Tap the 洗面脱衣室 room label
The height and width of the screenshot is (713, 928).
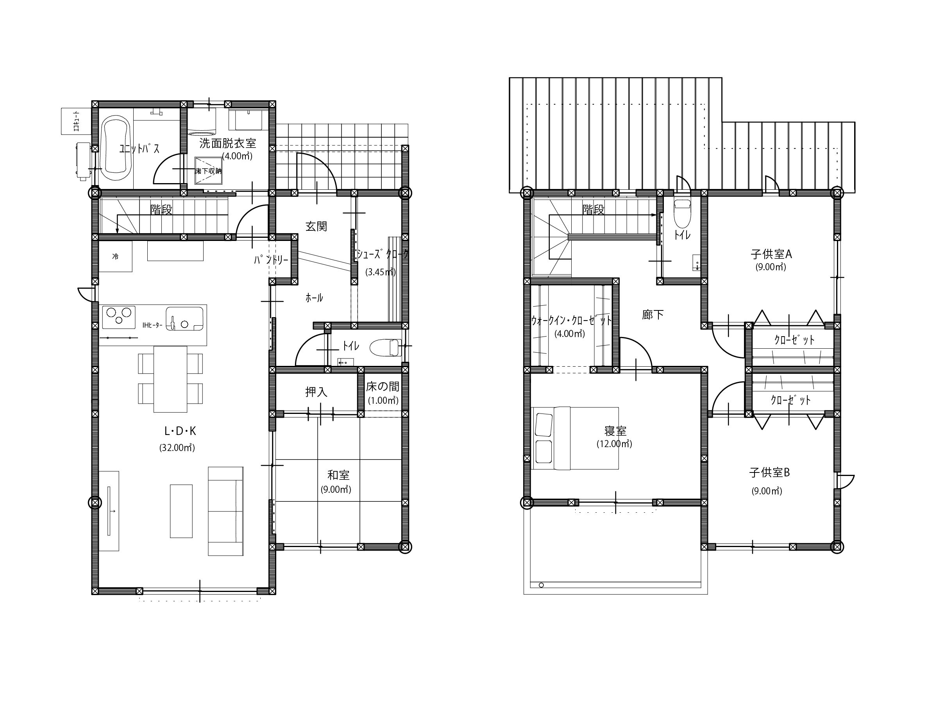pyautogui.click(x=228, y=143)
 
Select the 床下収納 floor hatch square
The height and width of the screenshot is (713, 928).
pyautogui.click(x=208, y=171)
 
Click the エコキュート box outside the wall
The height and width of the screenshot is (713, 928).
pyautogui.click(x=76, y=121)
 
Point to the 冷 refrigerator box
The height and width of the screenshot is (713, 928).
pyautogui.click(x=116, y=256)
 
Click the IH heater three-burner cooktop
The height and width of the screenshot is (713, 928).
pyautogui.click(x=119, y=317)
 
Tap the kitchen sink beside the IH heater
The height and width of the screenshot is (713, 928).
pyautogui.click(x=184, y=319)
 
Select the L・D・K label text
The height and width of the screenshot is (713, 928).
pyautogui.click(x=180, y=431)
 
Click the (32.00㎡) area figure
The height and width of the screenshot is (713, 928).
pyautogui.click(x=177, y=448)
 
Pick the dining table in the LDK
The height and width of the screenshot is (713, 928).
pyautogui.click(x=170, y=379)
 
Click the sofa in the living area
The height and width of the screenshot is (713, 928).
pyautogui.click(x=225, y=511)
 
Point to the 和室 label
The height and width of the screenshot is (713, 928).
pyautogui.click(x=338, y=474)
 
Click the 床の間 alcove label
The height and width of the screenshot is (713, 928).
pyautogui.click(x=383, y=387)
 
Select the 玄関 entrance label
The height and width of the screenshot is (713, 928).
pyautogui.click(x=316, y=226)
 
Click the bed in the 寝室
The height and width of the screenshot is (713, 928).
pyautogui.click(x=576, y=438)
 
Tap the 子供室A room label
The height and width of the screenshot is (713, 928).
pyautogui.click(x=771, y=254)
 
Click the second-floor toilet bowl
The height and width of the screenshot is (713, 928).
pyautogui.click(x=683, y=214)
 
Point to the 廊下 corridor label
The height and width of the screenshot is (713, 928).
pyautogui.click(x=653, y=314)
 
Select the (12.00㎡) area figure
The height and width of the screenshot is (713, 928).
pyautogui.click(x=614, y=444)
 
